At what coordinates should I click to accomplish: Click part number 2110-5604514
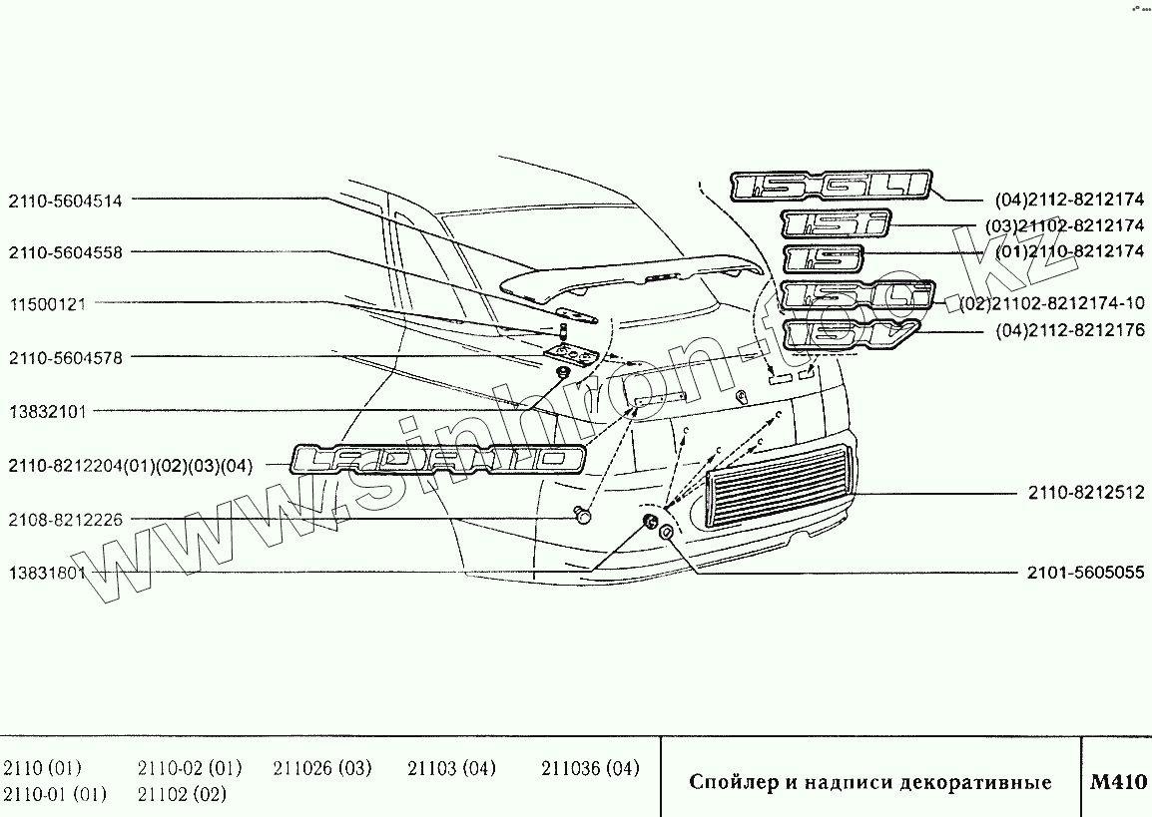click(x=65, y=201)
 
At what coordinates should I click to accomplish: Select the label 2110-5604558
click(x=65, y=252)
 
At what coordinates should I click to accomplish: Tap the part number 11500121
click(x=47, y=304)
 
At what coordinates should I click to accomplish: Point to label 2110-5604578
click(x=65, y=357)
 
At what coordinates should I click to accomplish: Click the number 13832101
click(x=47, y=411)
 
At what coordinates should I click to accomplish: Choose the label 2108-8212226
click(x=65, y=519)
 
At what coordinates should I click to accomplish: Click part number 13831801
click(x=47, y=573)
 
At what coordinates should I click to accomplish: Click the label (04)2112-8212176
click(x=1069, y=330)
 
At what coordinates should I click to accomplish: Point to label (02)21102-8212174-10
click(x=1052, y=303)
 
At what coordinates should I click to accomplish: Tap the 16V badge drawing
click(x=845, y=335)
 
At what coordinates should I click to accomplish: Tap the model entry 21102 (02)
click(x=182, y=795)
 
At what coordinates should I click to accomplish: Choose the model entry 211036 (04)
click(x=589, y=768)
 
